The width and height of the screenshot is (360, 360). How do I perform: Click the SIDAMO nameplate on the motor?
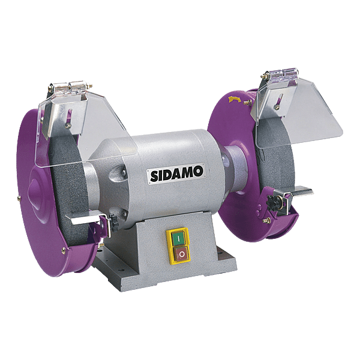tap(176, 173)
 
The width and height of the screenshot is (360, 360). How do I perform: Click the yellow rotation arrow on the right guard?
tap(234, 99)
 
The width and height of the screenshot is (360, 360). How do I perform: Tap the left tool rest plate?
tap(86, 218)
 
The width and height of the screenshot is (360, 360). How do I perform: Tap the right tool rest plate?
tap(298, 193)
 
